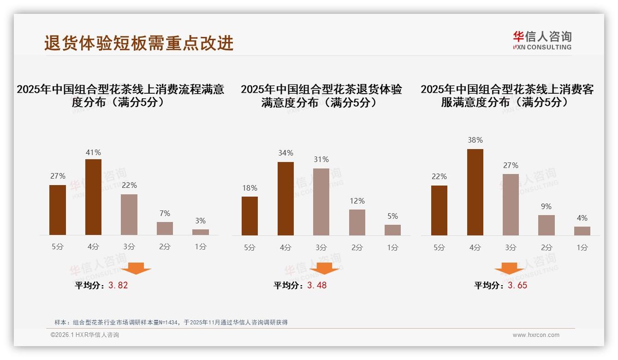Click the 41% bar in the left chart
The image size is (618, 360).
tap(93, 197)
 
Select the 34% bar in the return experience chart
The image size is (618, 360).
tap(285, 198)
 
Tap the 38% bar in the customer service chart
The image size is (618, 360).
tap(475, 192)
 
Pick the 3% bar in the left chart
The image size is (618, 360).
tap(201, 232)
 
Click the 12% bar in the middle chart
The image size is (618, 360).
tap(357, 222)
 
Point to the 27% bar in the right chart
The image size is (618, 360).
tap(511, 204)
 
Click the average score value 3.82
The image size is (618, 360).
tap(118, 285)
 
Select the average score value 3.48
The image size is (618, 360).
tap(317, 285)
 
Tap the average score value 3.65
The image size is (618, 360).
tap(517, 285)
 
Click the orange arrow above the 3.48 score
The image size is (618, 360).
tap(324, 268)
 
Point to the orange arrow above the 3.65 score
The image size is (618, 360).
tap(509, 268)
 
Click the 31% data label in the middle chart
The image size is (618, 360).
tap(321, 159)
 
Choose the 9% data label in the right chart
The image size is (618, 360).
tap(546, 206)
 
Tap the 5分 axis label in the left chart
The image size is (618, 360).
tap(58, 247)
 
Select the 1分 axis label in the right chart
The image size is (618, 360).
tap(582, 247)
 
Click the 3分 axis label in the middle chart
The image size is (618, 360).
tap(321, 247)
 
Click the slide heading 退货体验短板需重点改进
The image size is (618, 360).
tap(139, 43)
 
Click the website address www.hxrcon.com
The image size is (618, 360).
tap(536, 335)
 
